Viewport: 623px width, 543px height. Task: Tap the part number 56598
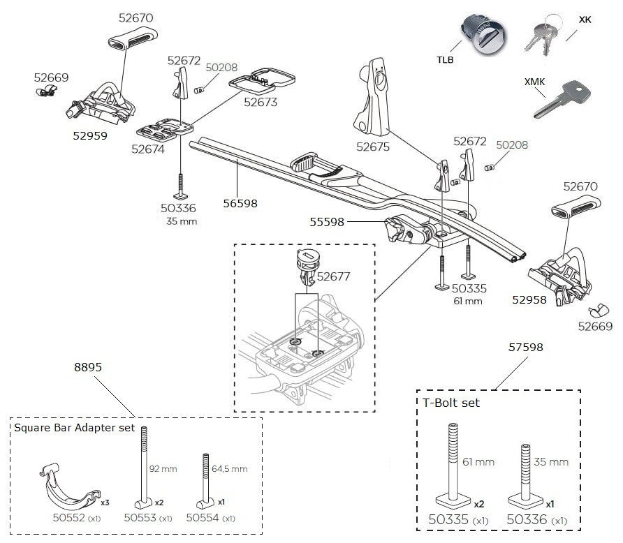tap(240, 204)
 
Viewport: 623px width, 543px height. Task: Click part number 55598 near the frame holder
tap(327, 222)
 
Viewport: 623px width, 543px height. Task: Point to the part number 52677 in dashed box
tap(333, 276)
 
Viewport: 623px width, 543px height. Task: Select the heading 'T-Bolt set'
tap(451, 403)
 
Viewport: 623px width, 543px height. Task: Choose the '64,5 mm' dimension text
tap(229, 469)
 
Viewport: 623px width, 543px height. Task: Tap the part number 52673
tap(260, 102)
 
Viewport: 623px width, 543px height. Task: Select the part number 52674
tap(148, 148)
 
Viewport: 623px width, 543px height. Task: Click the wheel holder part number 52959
tap(90, 136)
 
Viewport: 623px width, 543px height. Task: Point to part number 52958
tap(529, 299)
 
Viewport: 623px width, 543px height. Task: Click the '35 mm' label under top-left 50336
tap(182, 221)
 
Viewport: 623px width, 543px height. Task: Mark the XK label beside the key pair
tap(585, 20)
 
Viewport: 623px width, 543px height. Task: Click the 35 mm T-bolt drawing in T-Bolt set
tap(526, 475)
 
